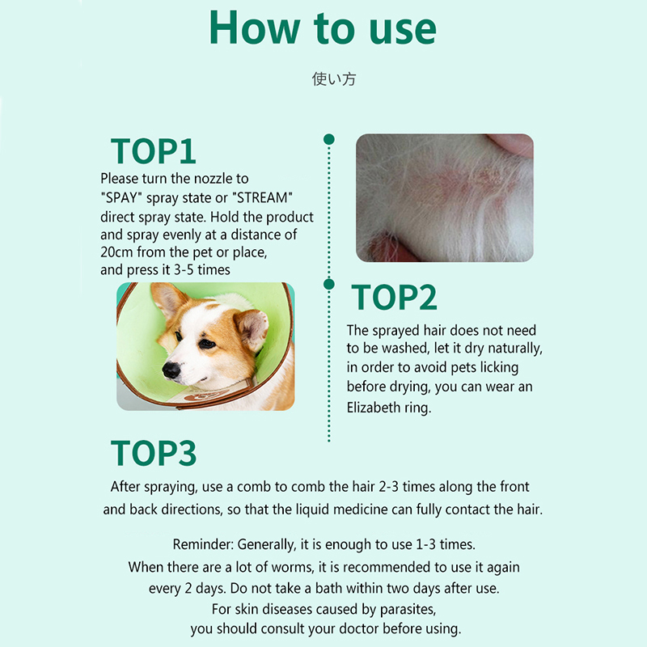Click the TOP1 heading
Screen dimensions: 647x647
(x=153, y=151)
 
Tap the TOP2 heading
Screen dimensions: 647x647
(x=394, y=297)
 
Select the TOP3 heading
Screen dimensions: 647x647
(x=154, y=453)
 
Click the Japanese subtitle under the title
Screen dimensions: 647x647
(x=334, y=78)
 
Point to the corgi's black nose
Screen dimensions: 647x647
(x=171, y=370)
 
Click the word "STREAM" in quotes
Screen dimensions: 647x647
(x=262, y=197)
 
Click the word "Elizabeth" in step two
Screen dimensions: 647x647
(x=374, y=408)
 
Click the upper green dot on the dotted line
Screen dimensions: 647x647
(x=329, y=139)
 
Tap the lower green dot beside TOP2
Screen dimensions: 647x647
(x=329, y=285)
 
